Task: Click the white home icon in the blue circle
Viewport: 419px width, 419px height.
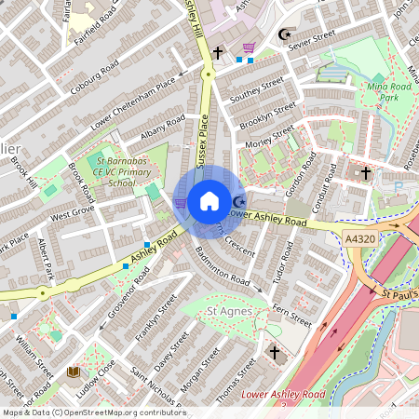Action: tap(209, 201)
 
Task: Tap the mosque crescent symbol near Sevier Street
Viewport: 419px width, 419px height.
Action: tap(284, 36)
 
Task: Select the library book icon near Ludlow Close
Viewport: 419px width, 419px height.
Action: tap(73, 372)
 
